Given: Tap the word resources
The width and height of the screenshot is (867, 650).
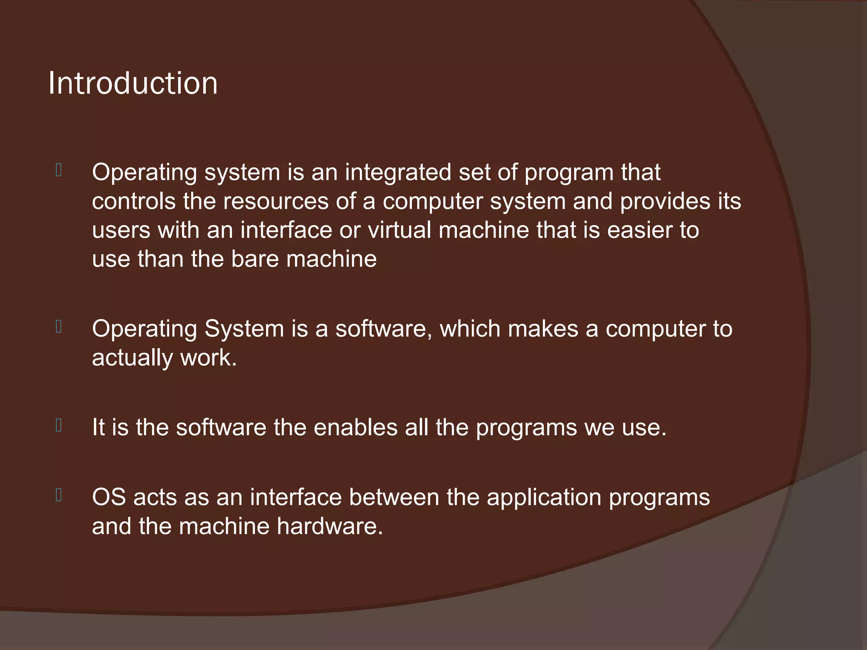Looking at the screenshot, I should [276, 201].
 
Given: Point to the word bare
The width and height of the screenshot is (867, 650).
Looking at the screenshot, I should [255, 259].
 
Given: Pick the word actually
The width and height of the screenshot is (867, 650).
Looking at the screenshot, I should [133, 358].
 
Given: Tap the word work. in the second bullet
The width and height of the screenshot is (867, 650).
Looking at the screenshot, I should [208, 358].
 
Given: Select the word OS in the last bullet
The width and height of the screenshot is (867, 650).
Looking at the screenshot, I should [109, 497].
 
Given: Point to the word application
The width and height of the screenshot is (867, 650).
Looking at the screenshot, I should [544, 497].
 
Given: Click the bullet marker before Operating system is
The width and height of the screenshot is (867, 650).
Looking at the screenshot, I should [59, 171].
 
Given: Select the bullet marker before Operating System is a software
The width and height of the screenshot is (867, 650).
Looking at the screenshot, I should [59, 327].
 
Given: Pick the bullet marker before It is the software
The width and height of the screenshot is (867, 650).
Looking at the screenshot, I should [59, 425].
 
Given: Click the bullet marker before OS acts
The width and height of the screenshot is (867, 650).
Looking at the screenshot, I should [59, 495].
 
